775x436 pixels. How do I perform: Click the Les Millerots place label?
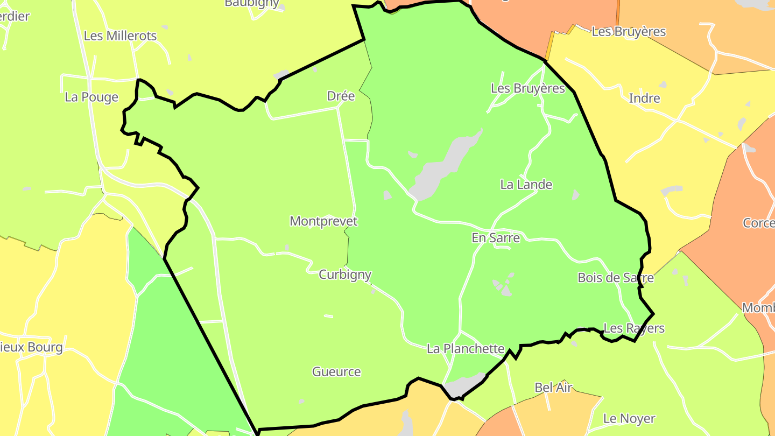120,36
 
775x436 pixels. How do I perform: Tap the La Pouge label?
91,97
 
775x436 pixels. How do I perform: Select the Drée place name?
341,96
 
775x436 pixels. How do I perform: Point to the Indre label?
644,99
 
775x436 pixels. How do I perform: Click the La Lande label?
526,185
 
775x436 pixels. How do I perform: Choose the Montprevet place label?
323,221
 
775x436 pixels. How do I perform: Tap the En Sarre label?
496,238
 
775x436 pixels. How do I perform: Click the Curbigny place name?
345,275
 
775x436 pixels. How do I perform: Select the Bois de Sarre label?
615,278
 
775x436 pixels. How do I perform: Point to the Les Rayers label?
634,328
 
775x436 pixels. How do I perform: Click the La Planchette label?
466,349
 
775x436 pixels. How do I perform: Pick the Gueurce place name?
336,372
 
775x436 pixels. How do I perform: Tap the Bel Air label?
553,388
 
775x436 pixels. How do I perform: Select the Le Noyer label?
629,418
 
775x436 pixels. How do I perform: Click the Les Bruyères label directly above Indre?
629,32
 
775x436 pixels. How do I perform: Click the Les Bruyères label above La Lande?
528,88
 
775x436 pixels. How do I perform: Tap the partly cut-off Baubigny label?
252,3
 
